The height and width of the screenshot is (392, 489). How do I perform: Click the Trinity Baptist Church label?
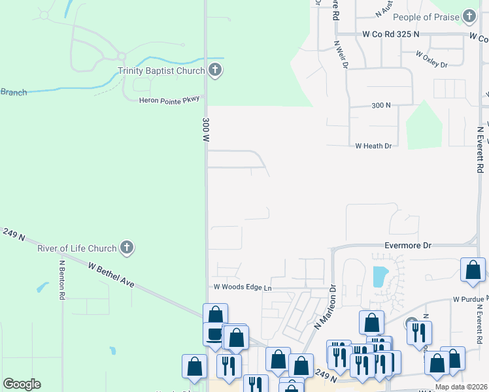tap(161, 71)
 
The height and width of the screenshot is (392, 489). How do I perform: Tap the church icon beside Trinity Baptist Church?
tap(216, 71)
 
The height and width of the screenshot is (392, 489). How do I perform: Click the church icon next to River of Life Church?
tap(127, 248)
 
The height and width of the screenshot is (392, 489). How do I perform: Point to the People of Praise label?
tap(426, 17)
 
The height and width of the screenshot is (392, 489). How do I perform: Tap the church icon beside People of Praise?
tap(469, 16)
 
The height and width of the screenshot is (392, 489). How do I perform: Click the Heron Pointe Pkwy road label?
tap(169, 100)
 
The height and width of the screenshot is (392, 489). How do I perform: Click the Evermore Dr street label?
tap(408, 245)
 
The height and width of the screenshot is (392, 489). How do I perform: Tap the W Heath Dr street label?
tap(373, 146)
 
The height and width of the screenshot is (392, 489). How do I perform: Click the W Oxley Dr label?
tap(431, 65)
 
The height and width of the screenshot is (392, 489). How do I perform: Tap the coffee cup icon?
tap(214, 334)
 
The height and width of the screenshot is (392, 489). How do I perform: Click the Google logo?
tap(22, 384)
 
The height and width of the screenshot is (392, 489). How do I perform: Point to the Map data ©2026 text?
tap(461, 387)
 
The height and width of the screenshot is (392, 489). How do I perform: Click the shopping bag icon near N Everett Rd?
tap(473, 269)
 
